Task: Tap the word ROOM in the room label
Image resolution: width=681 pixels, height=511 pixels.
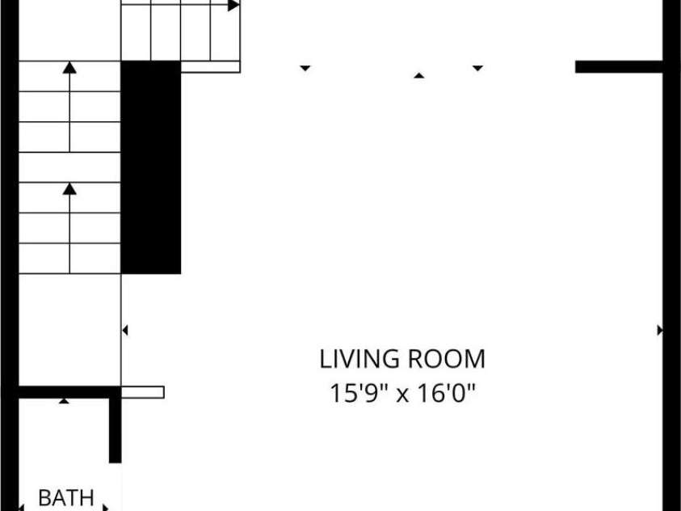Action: tap(446, 359)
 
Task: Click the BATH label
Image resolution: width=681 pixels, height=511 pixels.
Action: tap(66, 497)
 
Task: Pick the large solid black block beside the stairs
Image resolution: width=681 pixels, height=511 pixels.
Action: tap(151, 167)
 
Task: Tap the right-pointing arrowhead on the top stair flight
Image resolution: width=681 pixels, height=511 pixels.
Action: tap(233, 5)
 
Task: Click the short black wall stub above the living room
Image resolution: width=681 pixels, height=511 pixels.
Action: tap(619, 66)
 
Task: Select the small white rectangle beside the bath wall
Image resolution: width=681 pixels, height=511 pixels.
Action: tap(142, 392)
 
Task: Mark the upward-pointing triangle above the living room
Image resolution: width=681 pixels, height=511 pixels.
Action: tap(418, 76)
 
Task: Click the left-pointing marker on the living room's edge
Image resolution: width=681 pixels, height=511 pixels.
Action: tap(125, 330)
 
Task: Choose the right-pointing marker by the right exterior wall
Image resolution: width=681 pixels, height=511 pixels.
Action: tap(660, 330)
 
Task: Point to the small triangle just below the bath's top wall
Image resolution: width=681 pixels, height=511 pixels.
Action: tap(64, 400)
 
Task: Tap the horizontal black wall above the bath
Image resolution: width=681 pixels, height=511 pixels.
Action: tap(69, 392)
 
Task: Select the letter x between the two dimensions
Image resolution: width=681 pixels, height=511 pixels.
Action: tap(402, 395)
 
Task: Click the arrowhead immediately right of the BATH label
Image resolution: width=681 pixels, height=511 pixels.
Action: tap(105, 507)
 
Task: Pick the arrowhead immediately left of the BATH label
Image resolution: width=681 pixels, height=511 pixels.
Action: tap(21, 507)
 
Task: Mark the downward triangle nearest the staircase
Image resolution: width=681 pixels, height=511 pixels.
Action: tap(305, 68)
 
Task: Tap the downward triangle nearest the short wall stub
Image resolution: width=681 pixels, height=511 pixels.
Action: tap(477, 68)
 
